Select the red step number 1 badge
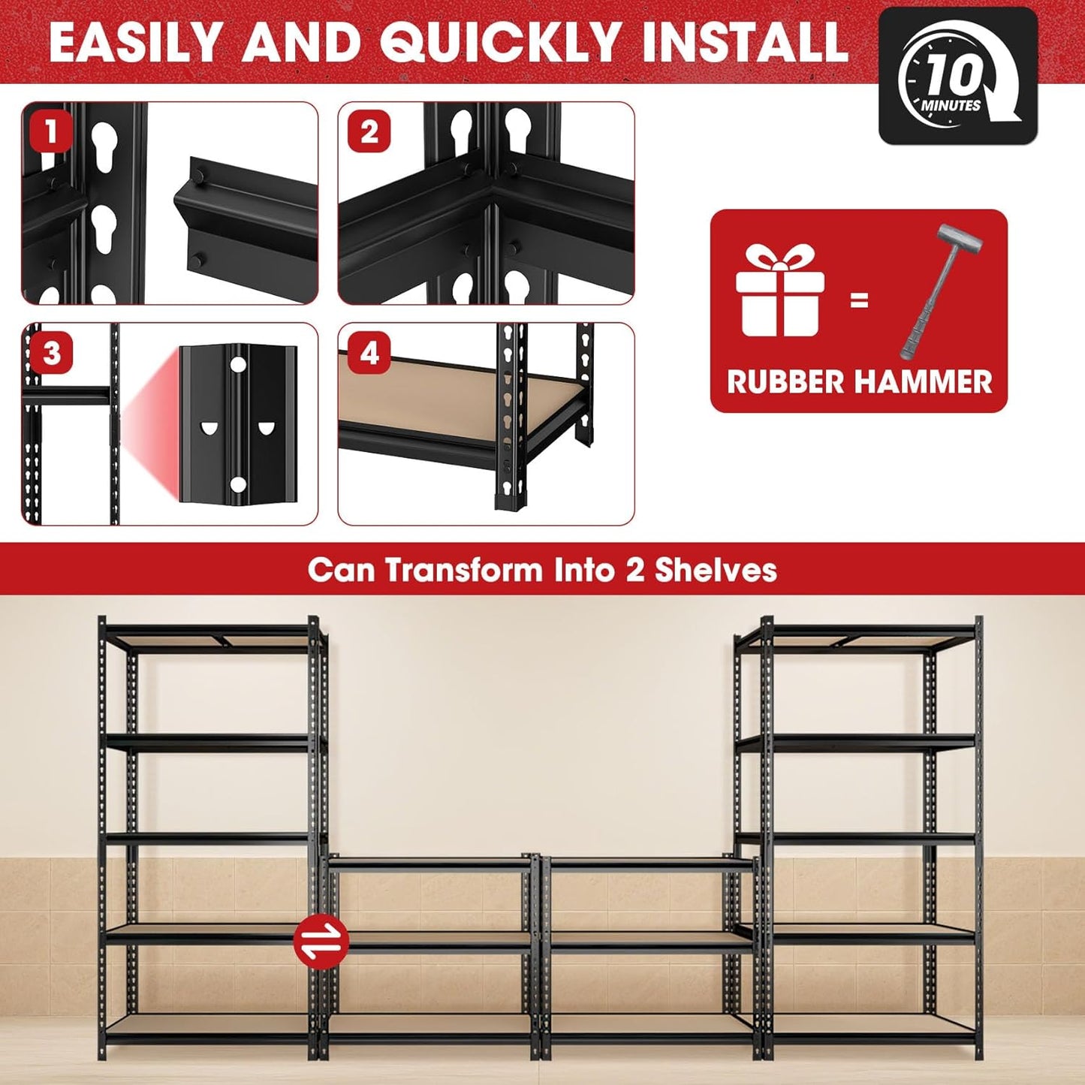pyautogui.click(x=50, y=132)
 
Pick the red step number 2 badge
pyautogui.click(x=369, y=132)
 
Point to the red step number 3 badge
pyautogui.click(x=51, y=353)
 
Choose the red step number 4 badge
pyautogui.click(x=369, y=353)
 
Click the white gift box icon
pyautogui.click(x=780, y=292)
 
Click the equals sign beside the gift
pyautogui.click(x=859, y=300)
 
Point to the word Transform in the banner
pyautogui.click(x=463, y=570)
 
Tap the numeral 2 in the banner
pyautogui.click(x=634, y=570)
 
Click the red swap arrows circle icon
pyautogui.click(x=321, y=939)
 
